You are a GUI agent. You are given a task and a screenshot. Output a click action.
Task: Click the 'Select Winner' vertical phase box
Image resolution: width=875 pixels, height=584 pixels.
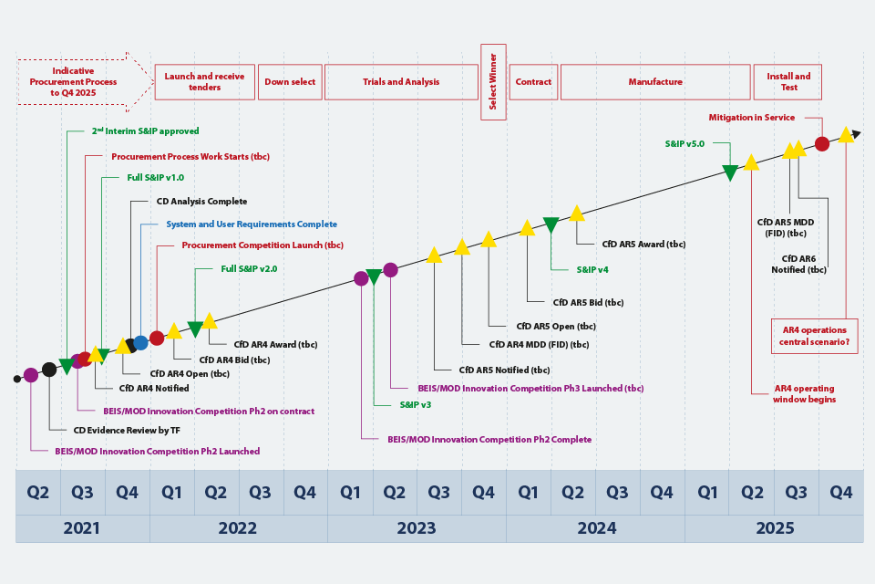point(493,82)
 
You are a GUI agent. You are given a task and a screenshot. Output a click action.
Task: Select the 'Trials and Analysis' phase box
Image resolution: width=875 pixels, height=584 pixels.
point(401,82)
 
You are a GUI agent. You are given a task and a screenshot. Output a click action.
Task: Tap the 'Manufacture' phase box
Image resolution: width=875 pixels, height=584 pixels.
point(654,82)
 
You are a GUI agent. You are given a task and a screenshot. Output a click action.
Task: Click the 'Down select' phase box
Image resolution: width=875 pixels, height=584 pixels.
point(290,82)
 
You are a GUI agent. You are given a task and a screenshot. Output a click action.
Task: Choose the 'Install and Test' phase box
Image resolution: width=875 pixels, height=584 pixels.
point(787,82)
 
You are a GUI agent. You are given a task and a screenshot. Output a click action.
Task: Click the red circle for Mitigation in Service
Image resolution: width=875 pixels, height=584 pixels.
point(821,143)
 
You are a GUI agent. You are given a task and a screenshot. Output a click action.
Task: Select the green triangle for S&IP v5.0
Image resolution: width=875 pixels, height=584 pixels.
point(730,172)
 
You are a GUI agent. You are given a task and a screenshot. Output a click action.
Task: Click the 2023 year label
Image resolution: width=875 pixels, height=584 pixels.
point(417,528)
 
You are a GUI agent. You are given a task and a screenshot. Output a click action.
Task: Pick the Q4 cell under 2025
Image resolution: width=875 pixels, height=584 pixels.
point(840,493)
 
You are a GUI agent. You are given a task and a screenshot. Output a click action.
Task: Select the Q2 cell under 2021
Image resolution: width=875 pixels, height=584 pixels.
point(38,493)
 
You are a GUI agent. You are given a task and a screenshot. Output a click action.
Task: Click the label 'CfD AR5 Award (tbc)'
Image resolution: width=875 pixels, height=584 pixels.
point(643,245)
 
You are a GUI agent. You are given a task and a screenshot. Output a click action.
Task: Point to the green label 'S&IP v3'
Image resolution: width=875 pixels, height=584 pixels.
point(416,404)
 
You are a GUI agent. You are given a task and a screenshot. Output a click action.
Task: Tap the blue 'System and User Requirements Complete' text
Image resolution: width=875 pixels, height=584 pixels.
point(251,224)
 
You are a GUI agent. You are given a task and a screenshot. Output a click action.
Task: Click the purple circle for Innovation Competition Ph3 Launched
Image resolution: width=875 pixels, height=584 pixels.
point(390,270)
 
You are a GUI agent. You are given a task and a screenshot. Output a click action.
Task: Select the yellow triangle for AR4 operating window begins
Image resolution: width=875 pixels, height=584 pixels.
point(751,162)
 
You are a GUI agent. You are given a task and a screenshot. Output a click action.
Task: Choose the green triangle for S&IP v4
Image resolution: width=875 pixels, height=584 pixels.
point(551,224)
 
